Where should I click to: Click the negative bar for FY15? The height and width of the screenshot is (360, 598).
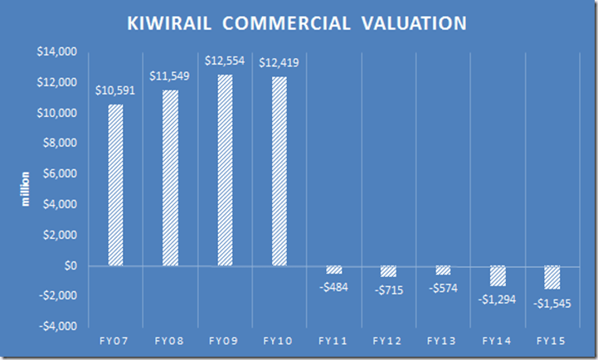tap(552, 278)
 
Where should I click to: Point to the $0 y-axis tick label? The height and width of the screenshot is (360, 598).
tap(68, 266)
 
